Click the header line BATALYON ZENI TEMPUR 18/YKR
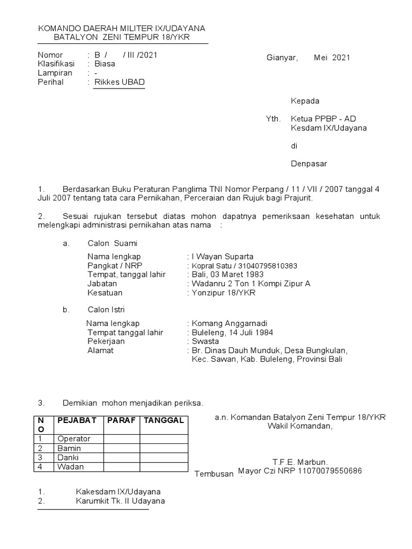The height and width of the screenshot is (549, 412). (122, 38)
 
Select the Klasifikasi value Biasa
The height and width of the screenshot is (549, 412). (105, 64)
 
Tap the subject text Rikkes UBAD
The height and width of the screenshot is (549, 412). (120, 82)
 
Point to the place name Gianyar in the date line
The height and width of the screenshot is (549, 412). (282, 57)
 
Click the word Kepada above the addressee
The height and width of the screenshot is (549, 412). (305, 101)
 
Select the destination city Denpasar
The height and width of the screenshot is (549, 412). (308, 164)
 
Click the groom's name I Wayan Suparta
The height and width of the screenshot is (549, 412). (223, 256)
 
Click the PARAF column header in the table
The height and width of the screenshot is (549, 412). (121, 420)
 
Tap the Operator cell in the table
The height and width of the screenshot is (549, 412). (74, 439)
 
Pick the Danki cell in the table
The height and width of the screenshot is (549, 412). (68, 457)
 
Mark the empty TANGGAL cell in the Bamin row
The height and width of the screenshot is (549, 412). (163, 448)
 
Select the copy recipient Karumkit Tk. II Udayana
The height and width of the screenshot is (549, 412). (120, 501)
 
